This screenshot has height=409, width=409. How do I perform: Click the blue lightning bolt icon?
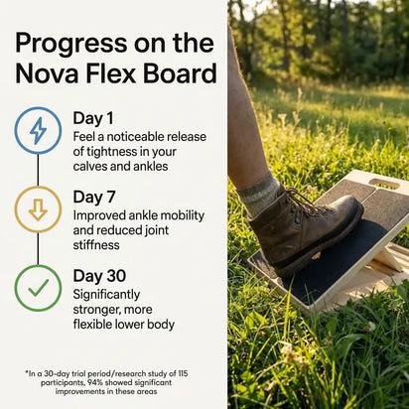pyautogui.click(x=38, y=130)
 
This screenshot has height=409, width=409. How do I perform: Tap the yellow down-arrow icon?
pyautogui.click(x=38, y=209)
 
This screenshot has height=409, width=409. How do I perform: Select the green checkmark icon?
pyautogui.click(x=38, y=288)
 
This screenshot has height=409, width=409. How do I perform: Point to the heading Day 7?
pyautogui.click(x=96, y=197)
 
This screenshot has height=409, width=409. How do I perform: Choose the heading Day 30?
pyautogui.click(x=102, y=275)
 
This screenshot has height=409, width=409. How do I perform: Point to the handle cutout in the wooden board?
pyautogui.click(x=383, y=184)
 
